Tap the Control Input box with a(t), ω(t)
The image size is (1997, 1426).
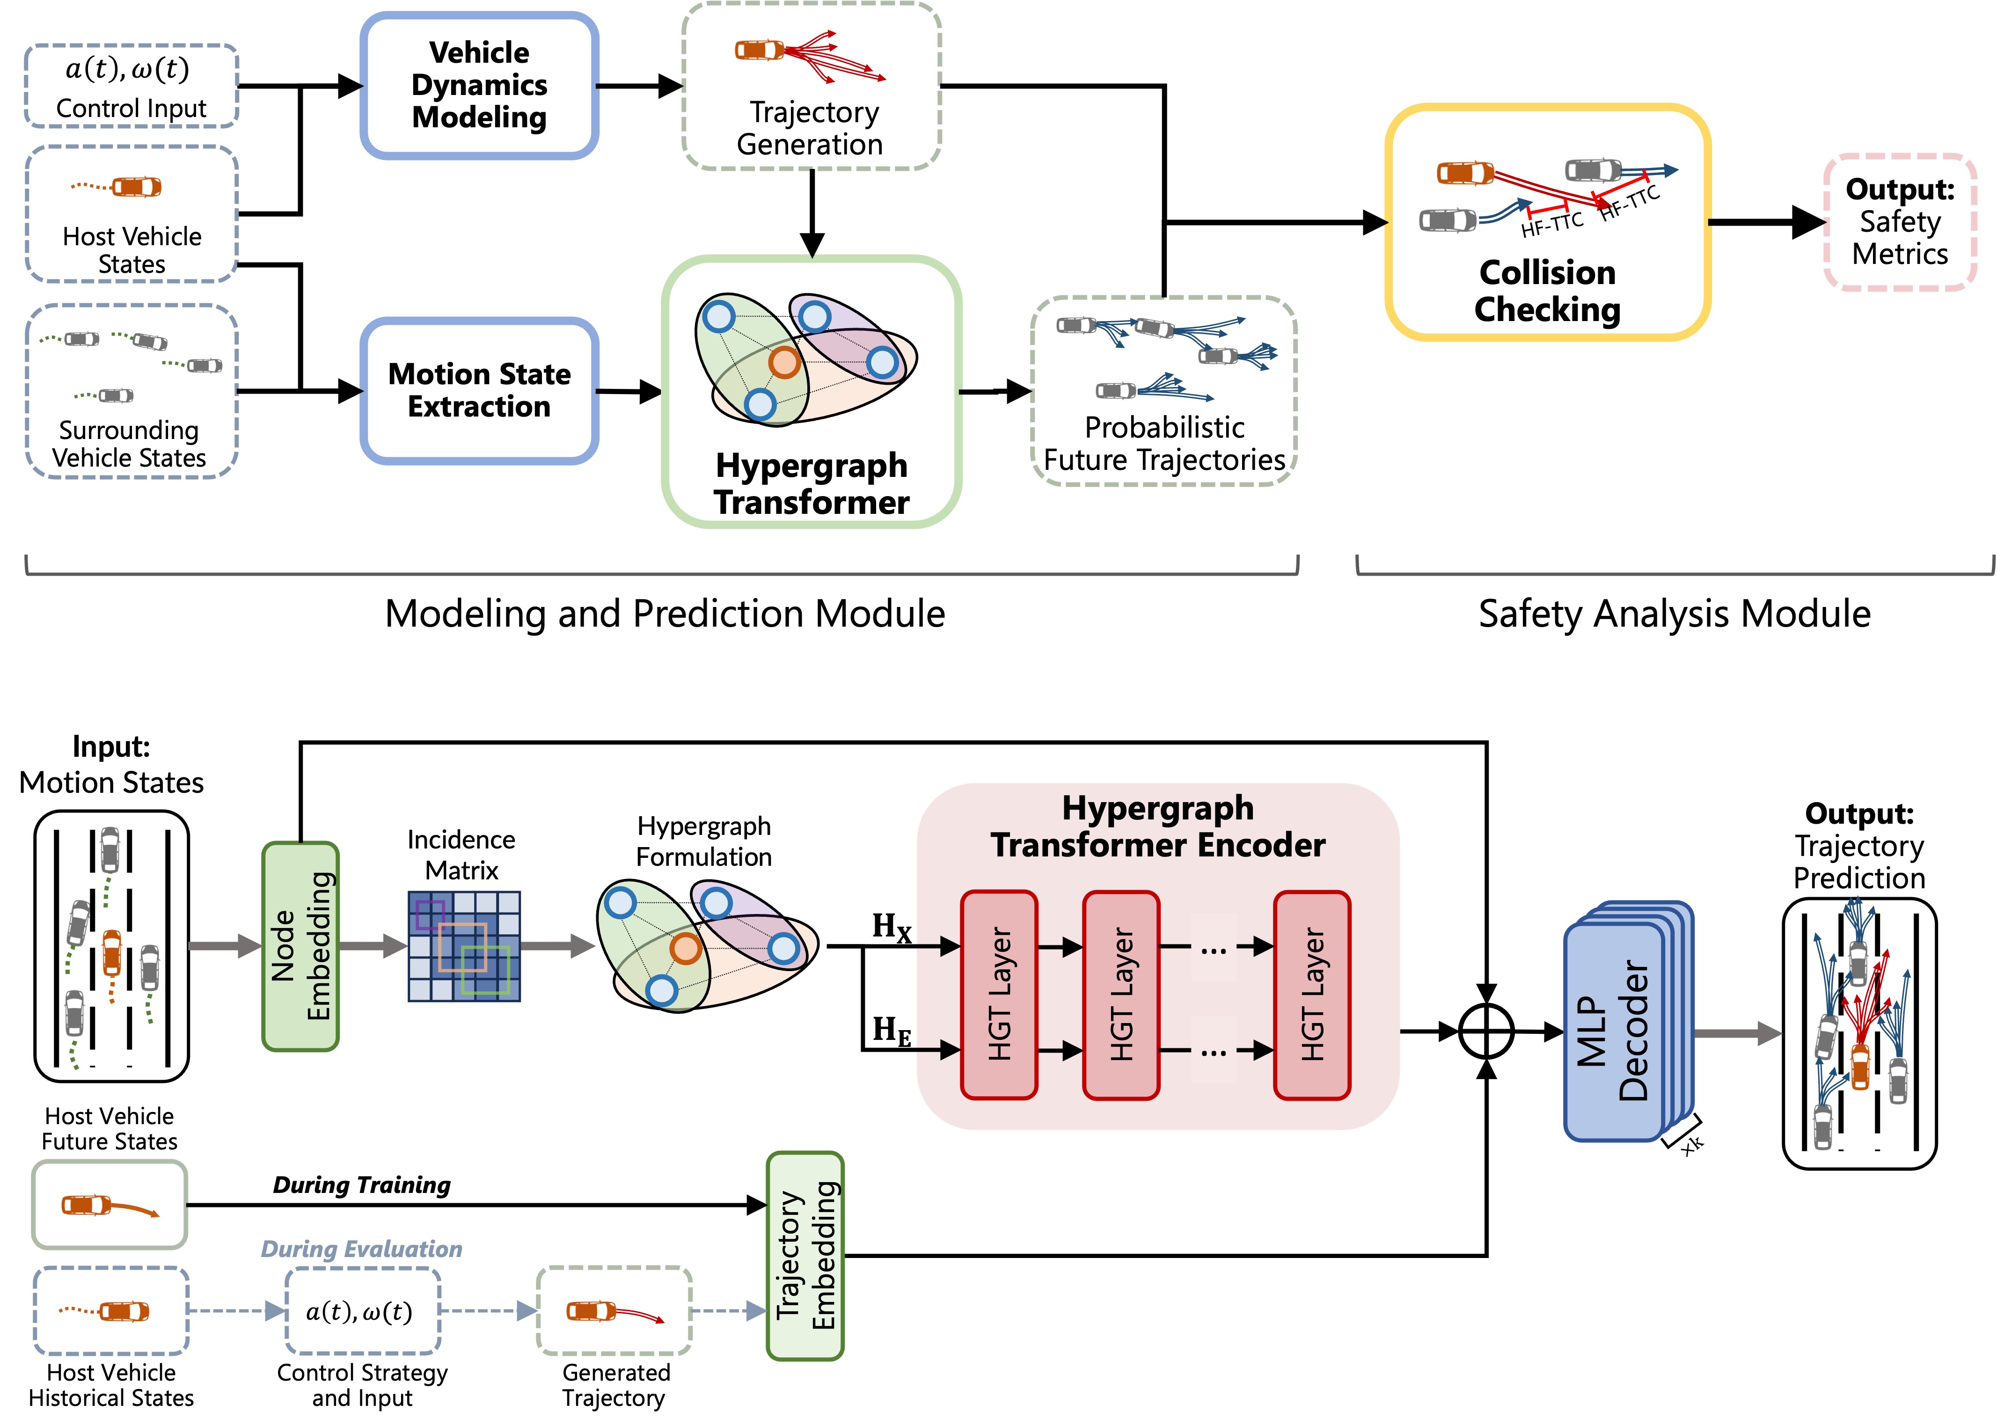pyautogui.click(x=131, y=86)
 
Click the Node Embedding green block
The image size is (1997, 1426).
pyautogui.click(x=300, y=946)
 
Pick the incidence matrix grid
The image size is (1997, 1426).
pyautogui.click(x=464, y=946)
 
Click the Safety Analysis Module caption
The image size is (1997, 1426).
pyautogui.click(x=1674, y=614)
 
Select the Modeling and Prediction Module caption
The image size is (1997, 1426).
pyautogui.click(x=665, y=614)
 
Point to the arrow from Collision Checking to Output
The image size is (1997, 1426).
pyautogui.click(x=1765, y=222)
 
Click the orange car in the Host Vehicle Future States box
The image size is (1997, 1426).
pyautogui.click(x=86, y=1205)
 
